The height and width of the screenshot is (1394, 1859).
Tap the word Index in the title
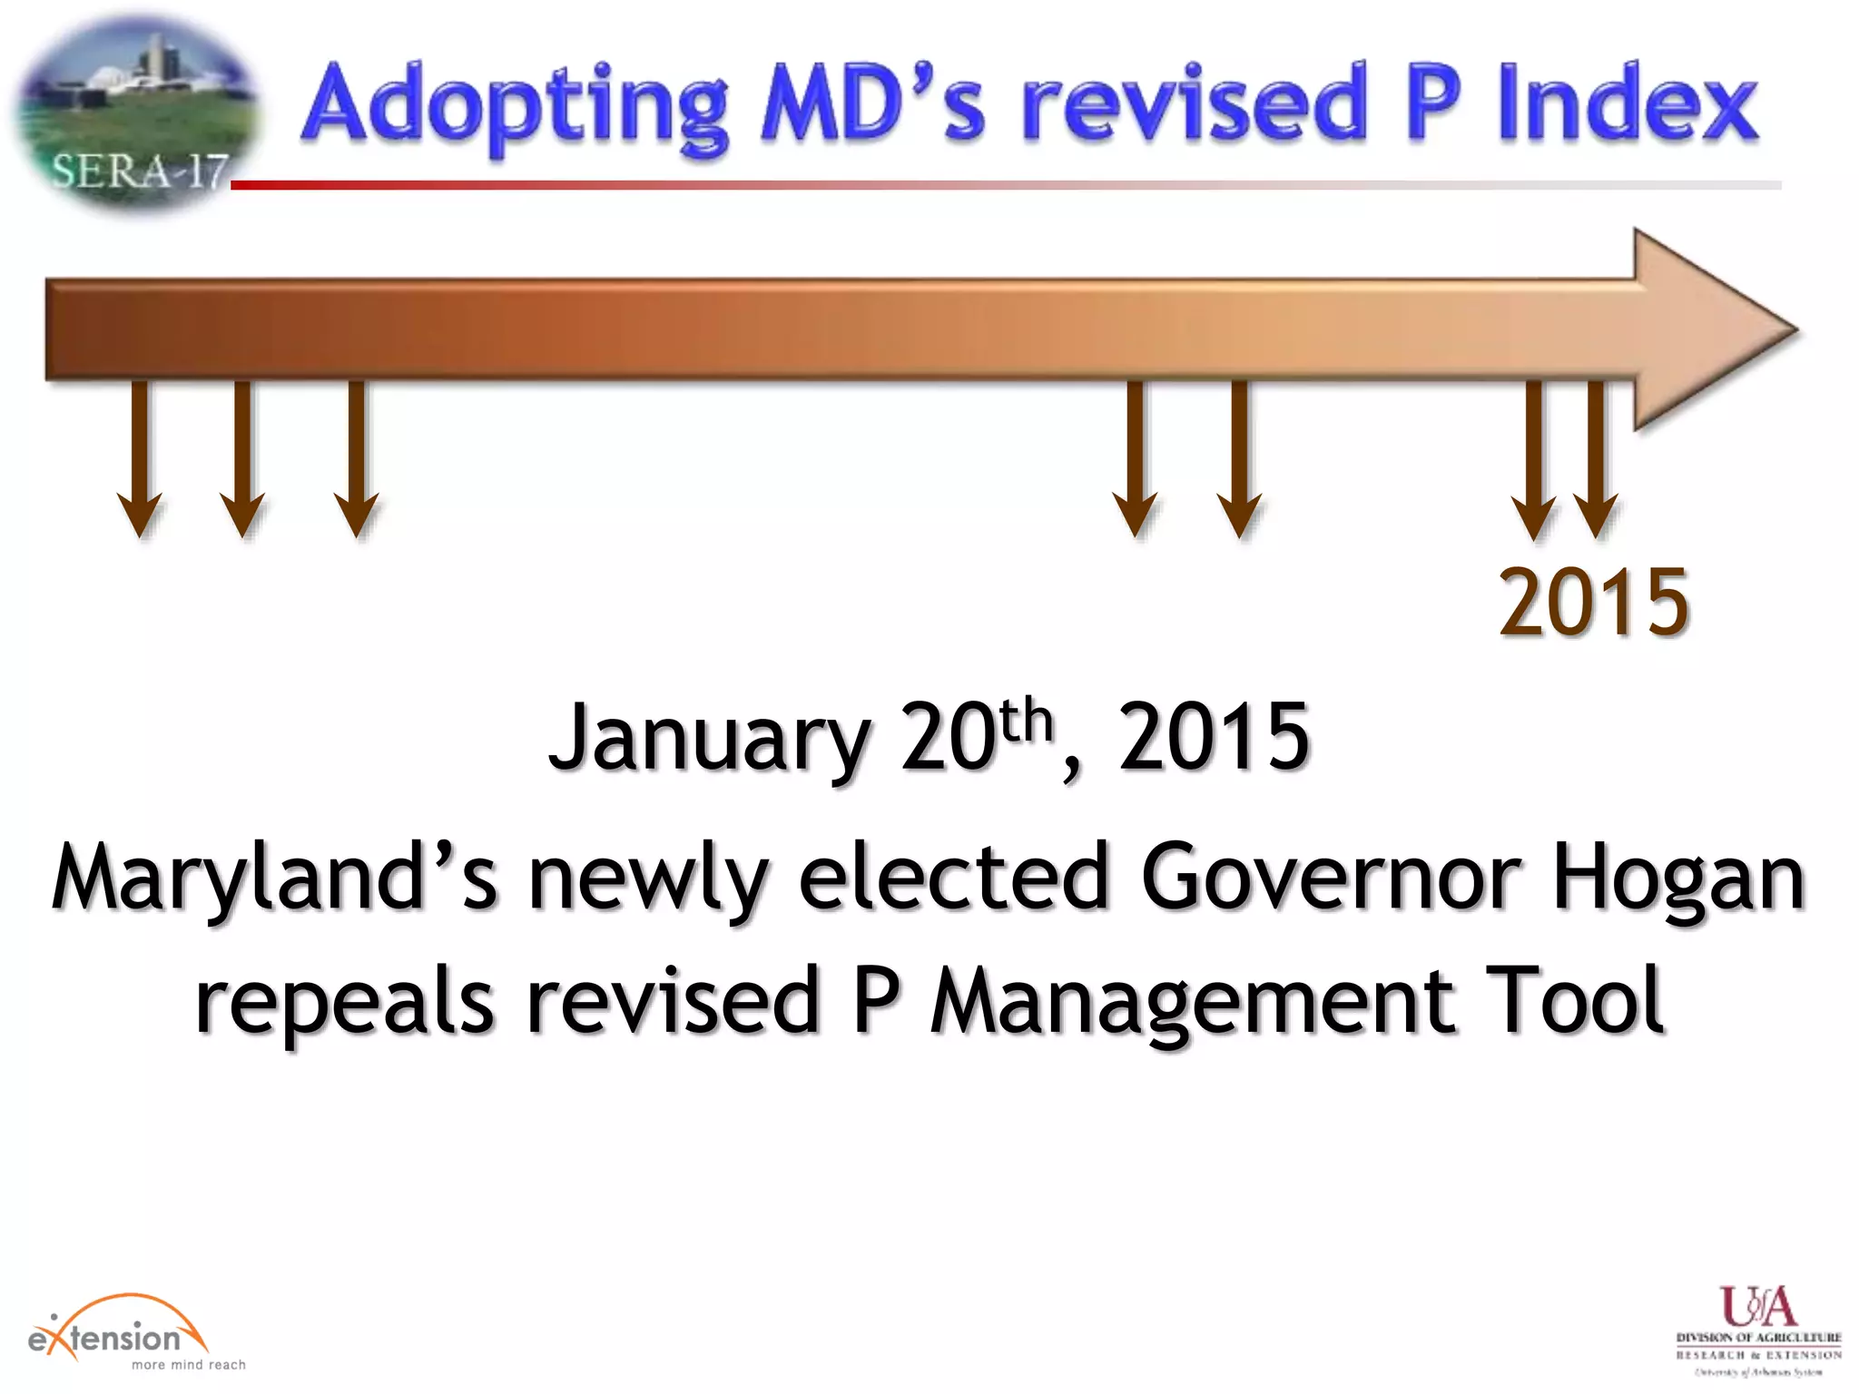tap(1628, 104)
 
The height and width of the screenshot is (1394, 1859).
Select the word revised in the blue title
tap(1194, 104)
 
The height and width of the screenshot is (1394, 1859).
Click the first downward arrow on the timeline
tap(140, 458)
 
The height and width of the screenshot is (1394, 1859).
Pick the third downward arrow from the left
tap(356, 458)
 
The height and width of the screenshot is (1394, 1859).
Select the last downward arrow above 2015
tap(1596, 458)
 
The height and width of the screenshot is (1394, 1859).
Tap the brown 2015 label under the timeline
tap(1594, 601)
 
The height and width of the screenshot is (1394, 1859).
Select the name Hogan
tap(1678, 877)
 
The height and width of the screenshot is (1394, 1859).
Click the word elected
tap(953, 877)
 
